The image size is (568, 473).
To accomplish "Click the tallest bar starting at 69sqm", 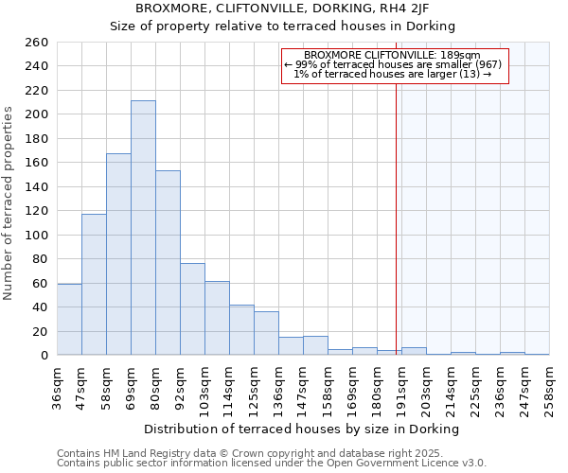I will [x=143, y=228].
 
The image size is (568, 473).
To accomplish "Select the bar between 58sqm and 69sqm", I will [x=118, y=254].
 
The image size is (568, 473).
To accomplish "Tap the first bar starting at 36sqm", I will [x=69, y=319].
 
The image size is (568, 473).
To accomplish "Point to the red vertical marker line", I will [x=396, y=218].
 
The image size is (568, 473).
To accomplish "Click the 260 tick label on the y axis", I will [x=37, y=43].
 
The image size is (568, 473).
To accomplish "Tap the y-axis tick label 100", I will [x=37, y=235].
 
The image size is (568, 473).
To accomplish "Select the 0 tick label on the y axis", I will [x=44, y=356].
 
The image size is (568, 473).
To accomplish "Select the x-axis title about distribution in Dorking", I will [x=303, y=429].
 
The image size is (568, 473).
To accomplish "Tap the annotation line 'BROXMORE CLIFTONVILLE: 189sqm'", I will [x=392, y=55].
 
